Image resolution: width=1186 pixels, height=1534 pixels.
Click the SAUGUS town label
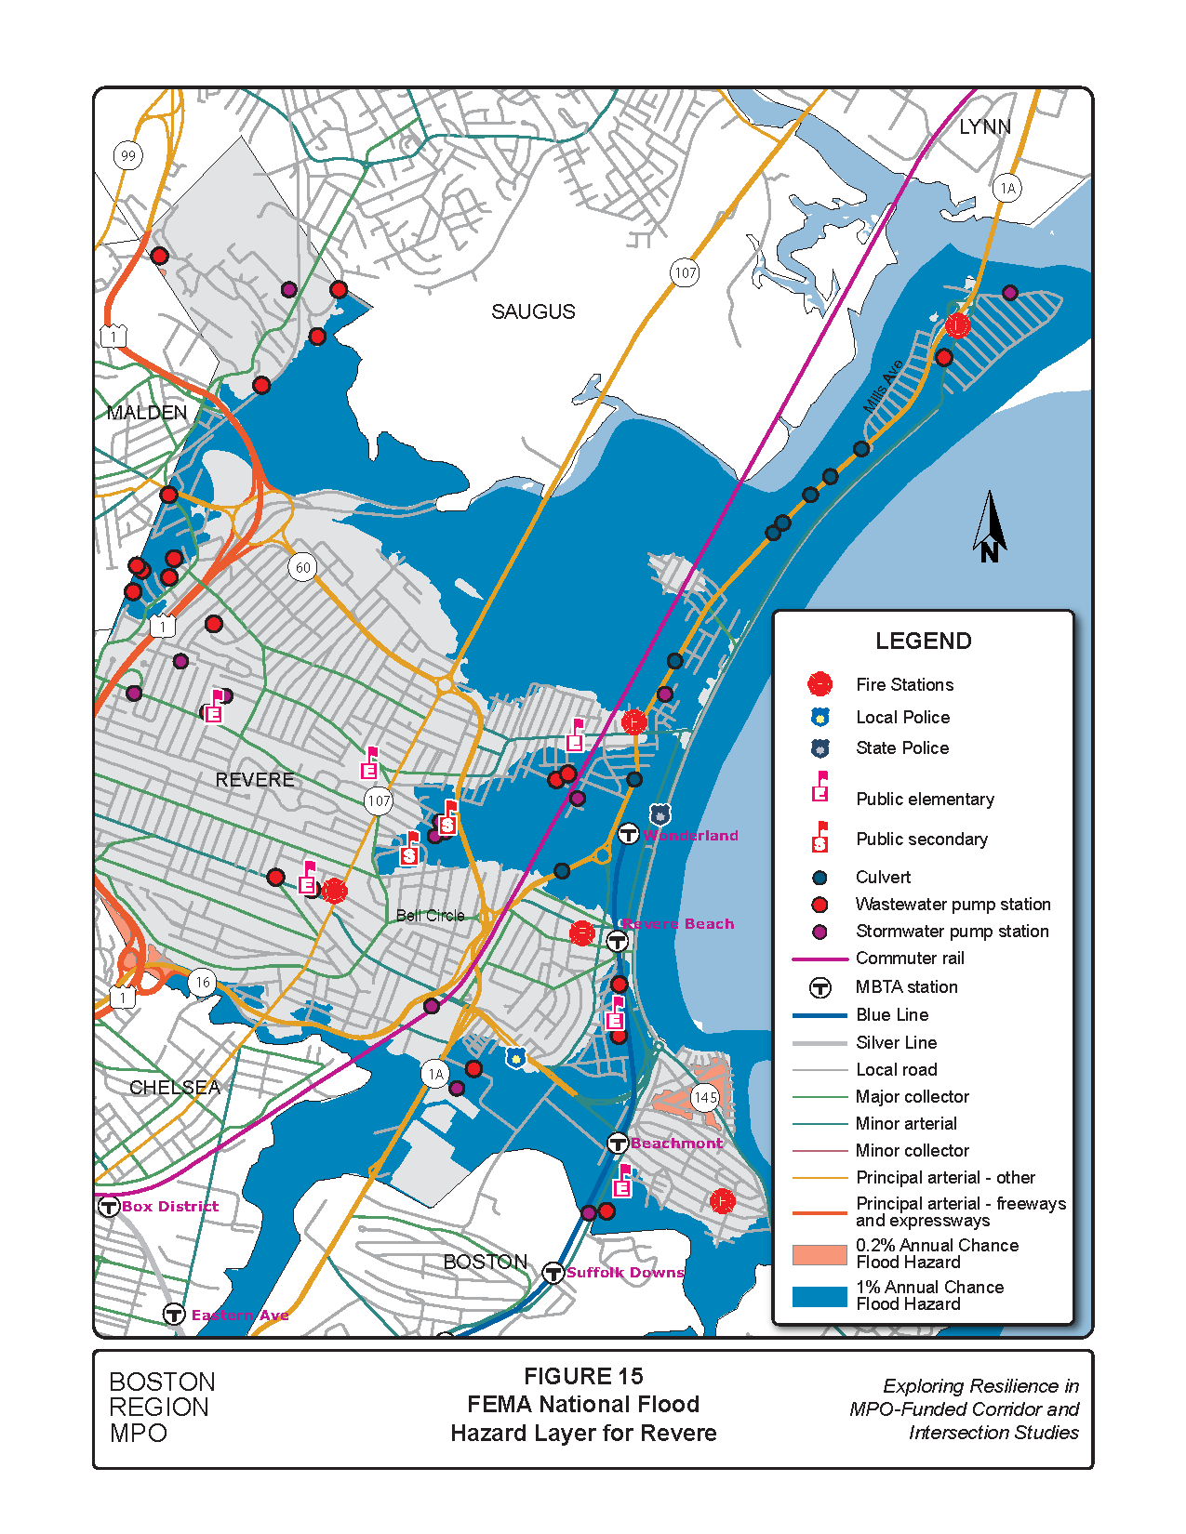pyautogui.click(x=533, y=311)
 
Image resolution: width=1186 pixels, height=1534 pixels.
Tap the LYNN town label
pyautogui.click(x=984, y=126)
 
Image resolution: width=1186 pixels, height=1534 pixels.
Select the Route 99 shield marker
pyautogui.click(x=128, y=155)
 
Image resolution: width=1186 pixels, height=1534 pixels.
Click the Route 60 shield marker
pyautogui.click(x=302, y=567)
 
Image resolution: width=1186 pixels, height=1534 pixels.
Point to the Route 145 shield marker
pyautogui.click(x=706, y=1097)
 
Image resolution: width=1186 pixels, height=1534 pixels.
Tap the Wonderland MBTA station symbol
pyautogui.click(x=629, y=834)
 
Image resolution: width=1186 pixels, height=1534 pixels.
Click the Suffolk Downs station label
pyautogui.click(x=625, y=1272)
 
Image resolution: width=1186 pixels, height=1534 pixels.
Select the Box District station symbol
pyautogui.click(x=108, y=1207)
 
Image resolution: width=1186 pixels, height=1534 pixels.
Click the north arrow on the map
pyautogui.click(x=990, y=527)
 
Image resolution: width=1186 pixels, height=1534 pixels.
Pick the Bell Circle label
pyautogui.click(x=430, y=915)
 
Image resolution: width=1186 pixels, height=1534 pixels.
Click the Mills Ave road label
pyautogui.click(x=883, y=387)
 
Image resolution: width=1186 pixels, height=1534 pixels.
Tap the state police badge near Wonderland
pyautogui.click(x=660, y=814)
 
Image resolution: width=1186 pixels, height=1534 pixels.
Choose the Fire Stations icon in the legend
pyautogui.click(x=820, y=684)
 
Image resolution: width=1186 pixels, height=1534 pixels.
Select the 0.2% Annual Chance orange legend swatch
pyautogui.click(x=820, y=1254)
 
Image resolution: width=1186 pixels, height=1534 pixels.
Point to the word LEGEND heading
pyautogui.click(x=923, y=641)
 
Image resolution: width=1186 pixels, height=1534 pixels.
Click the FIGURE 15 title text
pyautogui.click(x=583, y=1376)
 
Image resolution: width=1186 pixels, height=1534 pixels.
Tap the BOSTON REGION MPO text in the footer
pyautogui.click(x=162, y=1407)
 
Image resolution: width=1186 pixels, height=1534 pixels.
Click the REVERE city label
pyautogui.click(x=255, y=779)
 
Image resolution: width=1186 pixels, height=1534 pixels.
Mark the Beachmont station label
pyautogui.click(x=676, y=1143)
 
